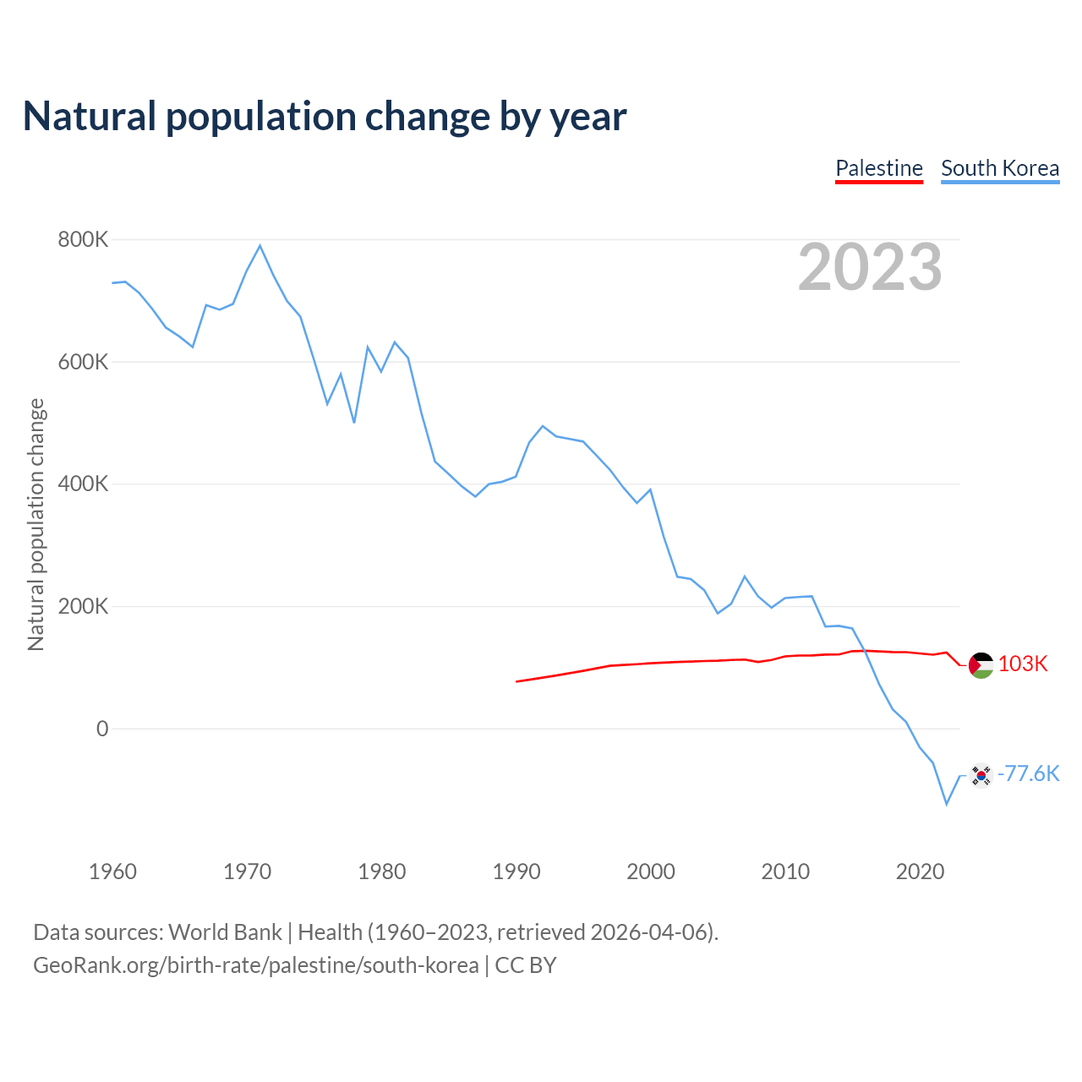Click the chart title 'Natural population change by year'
[325, 117]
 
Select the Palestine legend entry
[879, 168]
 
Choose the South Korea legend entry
[1000, 168]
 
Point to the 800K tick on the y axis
[84, 240]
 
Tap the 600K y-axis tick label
[84, 362]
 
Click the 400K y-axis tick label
[84, 484]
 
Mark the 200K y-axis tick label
[84, 606]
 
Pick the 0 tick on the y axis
[102, 729]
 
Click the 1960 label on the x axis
[112, 872]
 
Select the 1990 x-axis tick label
[516, 872]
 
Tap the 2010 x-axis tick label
[785, 872]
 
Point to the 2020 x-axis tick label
[920, 872]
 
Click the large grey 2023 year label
[870, 267]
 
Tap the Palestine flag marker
[981, 665]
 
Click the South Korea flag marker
[981, 775]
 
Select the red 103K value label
[1023, 664]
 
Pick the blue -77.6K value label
[1028, 774]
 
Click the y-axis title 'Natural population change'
[36, 525]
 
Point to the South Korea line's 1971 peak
[260, 246]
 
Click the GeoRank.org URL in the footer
[255, 965]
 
